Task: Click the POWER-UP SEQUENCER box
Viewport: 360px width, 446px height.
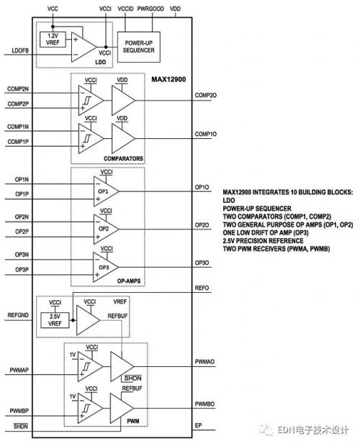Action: click(138, 47)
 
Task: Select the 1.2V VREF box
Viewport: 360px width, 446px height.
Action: click(53, 40)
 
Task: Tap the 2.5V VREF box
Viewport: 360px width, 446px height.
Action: click(55, 320)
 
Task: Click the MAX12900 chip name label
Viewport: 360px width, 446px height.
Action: click(168, 79)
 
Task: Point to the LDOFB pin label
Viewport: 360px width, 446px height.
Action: click(20, 50)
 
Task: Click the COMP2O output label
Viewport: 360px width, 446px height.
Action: click(205, 95)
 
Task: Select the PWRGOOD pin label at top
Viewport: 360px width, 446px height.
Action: click(150, 9)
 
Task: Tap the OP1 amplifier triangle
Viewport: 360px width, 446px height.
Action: click(106, 191)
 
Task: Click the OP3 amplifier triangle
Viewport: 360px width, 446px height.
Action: click(106, 268)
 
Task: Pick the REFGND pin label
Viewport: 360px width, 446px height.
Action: click(18, 315)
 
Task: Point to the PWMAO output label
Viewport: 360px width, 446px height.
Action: click(204, 362)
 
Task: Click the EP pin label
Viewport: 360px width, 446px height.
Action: click(198, 425)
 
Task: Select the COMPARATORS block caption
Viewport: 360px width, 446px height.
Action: click(123, 158)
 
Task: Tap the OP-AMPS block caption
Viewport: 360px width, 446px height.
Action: click(129, 281)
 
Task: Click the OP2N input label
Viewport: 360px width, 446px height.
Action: click(22, 217)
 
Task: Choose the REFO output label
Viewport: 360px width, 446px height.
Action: click(202, 288)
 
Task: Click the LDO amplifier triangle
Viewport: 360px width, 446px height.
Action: click(84, 47)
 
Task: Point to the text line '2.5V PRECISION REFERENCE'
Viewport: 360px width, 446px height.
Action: click(263, 241)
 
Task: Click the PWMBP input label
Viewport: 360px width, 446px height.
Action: click(19, 411)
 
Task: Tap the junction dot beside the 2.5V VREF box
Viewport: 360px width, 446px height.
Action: click(73, 320)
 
